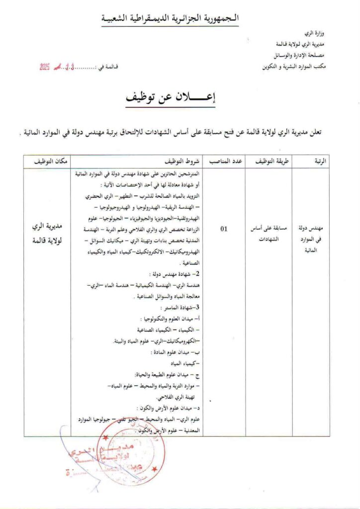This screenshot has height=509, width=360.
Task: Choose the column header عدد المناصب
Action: click(x=225, y=162)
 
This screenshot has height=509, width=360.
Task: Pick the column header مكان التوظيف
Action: click(x=50, y=162)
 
